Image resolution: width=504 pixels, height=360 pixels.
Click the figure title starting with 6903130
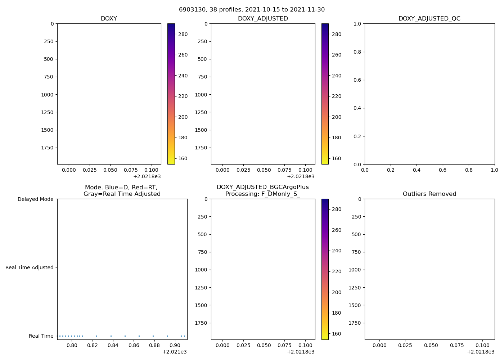252,9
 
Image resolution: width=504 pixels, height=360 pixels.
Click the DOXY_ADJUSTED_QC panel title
429,18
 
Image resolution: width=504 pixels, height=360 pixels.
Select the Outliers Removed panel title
429,194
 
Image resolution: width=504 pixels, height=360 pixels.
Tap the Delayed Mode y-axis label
35,199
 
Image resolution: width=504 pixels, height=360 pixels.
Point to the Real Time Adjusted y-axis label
29,267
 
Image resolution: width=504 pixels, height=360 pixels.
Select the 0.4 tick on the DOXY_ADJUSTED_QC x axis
417,170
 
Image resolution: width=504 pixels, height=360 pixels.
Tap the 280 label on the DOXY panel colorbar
183,34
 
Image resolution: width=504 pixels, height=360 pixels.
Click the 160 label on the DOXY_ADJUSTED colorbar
337,158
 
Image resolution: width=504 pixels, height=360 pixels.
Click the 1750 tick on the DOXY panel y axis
48,148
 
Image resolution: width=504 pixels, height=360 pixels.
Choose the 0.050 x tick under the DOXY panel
110,170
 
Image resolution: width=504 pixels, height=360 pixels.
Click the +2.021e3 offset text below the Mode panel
174,352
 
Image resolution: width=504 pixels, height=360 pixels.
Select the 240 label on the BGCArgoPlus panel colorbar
337,251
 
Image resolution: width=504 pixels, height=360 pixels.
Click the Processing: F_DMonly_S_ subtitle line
262,194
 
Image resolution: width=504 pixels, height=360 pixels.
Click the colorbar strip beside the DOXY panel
171,94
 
